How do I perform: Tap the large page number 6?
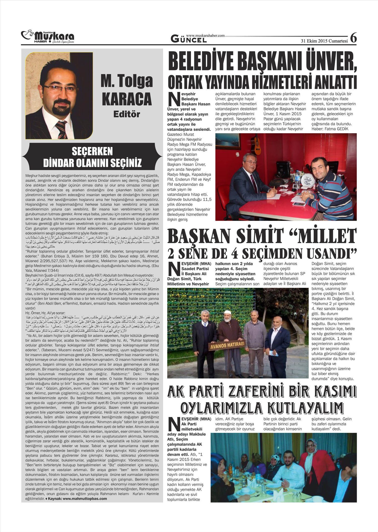pyautogui.click(x=353, y=38)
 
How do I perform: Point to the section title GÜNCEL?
pyautogui.click(x=188, y=39)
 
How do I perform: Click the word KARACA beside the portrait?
pyautogui.click(x=127, y=99)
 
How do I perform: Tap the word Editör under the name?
pyautogui.click(x=127, y=114)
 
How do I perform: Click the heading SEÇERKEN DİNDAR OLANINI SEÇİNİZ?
pyautogui.click(x=92, y=157)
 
